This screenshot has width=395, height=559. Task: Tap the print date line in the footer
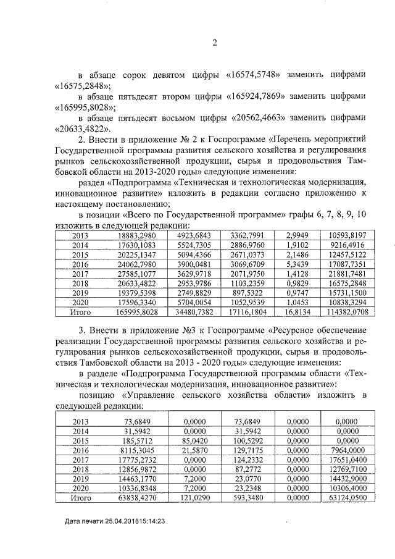point(117,522)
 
